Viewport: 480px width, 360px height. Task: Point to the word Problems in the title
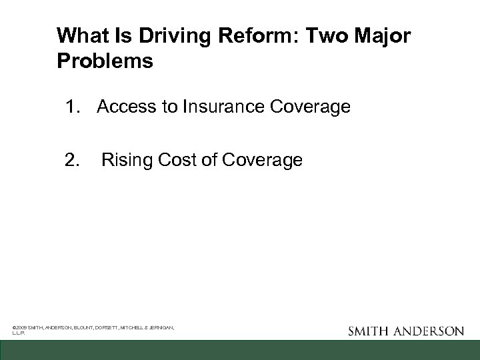click(105, 61)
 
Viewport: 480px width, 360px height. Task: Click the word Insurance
click(207, 107)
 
